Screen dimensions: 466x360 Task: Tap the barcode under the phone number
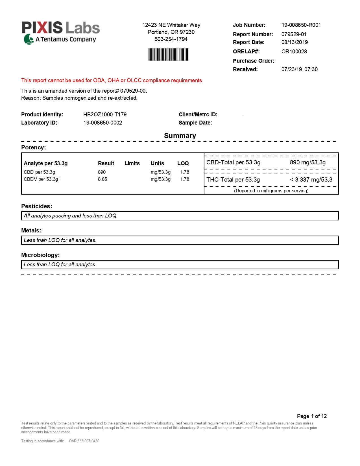(168, 55)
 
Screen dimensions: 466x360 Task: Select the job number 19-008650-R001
(301, 25)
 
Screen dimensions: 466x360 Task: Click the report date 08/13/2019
(294, 42)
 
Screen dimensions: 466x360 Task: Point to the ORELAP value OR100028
(294, 51)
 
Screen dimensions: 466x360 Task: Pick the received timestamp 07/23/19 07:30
(299, 69)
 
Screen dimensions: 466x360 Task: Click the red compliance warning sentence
(112, 80)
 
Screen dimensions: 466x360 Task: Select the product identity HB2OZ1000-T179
(105, 114)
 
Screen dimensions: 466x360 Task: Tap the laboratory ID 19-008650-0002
(102, 123)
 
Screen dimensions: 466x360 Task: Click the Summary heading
(180, 136)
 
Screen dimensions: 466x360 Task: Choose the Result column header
(106, 163)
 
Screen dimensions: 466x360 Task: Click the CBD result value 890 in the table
(102, 172)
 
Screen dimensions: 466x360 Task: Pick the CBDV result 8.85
(102, 179)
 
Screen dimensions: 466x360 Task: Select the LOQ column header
(183, 163)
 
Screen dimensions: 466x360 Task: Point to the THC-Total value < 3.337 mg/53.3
(311, 180)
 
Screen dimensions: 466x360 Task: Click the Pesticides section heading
(37, 206)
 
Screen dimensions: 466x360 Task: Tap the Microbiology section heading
(40, 255)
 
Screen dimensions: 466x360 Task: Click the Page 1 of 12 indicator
(312, 416)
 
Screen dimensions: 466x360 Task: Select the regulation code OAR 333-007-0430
(84, 441)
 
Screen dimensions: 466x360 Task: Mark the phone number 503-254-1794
(171, 39)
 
